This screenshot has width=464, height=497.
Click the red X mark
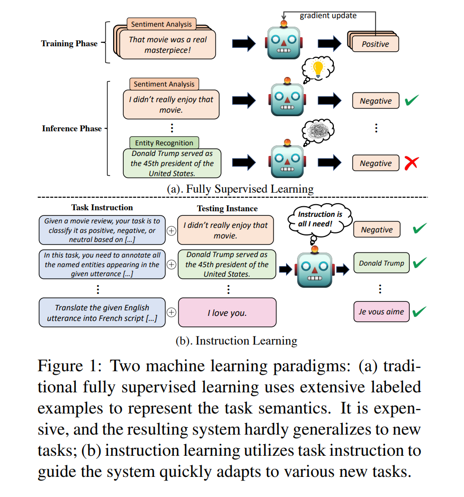(411, 163)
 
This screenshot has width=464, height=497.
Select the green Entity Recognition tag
(164, 143)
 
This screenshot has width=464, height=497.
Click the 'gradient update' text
(328, 16)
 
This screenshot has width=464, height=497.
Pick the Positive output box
(375, 44)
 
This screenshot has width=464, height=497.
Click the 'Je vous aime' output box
(381, 312)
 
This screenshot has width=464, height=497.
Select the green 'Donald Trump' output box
(381, 263)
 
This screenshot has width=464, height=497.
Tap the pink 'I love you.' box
(227, 313)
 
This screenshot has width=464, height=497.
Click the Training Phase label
(69, 43)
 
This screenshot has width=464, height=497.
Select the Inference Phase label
(71, 128)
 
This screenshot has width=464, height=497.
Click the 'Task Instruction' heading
(102, 207)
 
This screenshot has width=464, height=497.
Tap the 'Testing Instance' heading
(227, 208)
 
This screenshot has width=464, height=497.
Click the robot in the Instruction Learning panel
(315, 268)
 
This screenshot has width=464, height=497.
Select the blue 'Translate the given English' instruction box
(102, 313)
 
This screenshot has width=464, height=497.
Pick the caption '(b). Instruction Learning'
(236, 341)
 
